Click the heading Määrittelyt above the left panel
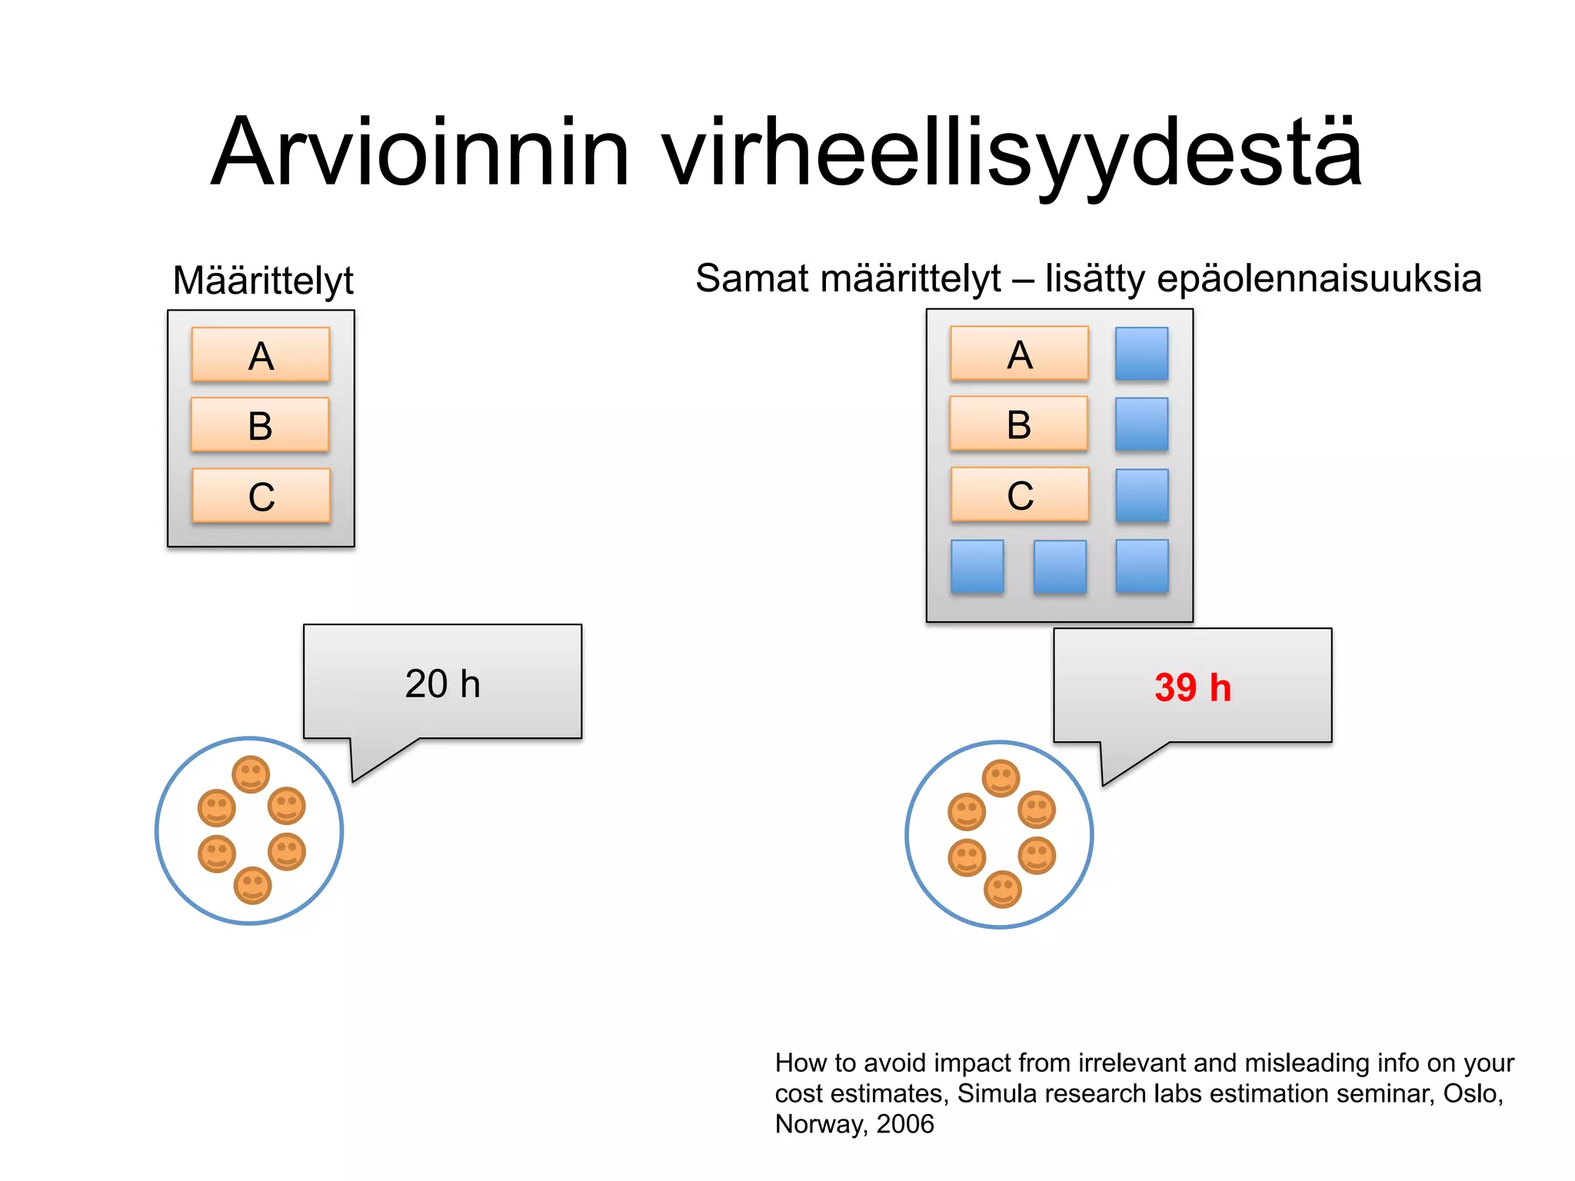263,280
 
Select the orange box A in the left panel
261,354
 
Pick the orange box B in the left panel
260,424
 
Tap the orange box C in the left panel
261,496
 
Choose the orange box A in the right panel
1019,354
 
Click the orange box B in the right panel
1018,424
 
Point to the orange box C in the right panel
1020,494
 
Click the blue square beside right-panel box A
1141,354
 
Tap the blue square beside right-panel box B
1141,424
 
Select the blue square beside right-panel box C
1141,495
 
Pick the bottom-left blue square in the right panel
977,567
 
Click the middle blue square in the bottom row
1060,567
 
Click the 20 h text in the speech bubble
442,684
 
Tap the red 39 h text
1192,687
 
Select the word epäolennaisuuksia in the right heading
1318,278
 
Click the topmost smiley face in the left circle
251,774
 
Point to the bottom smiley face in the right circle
1002,890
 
